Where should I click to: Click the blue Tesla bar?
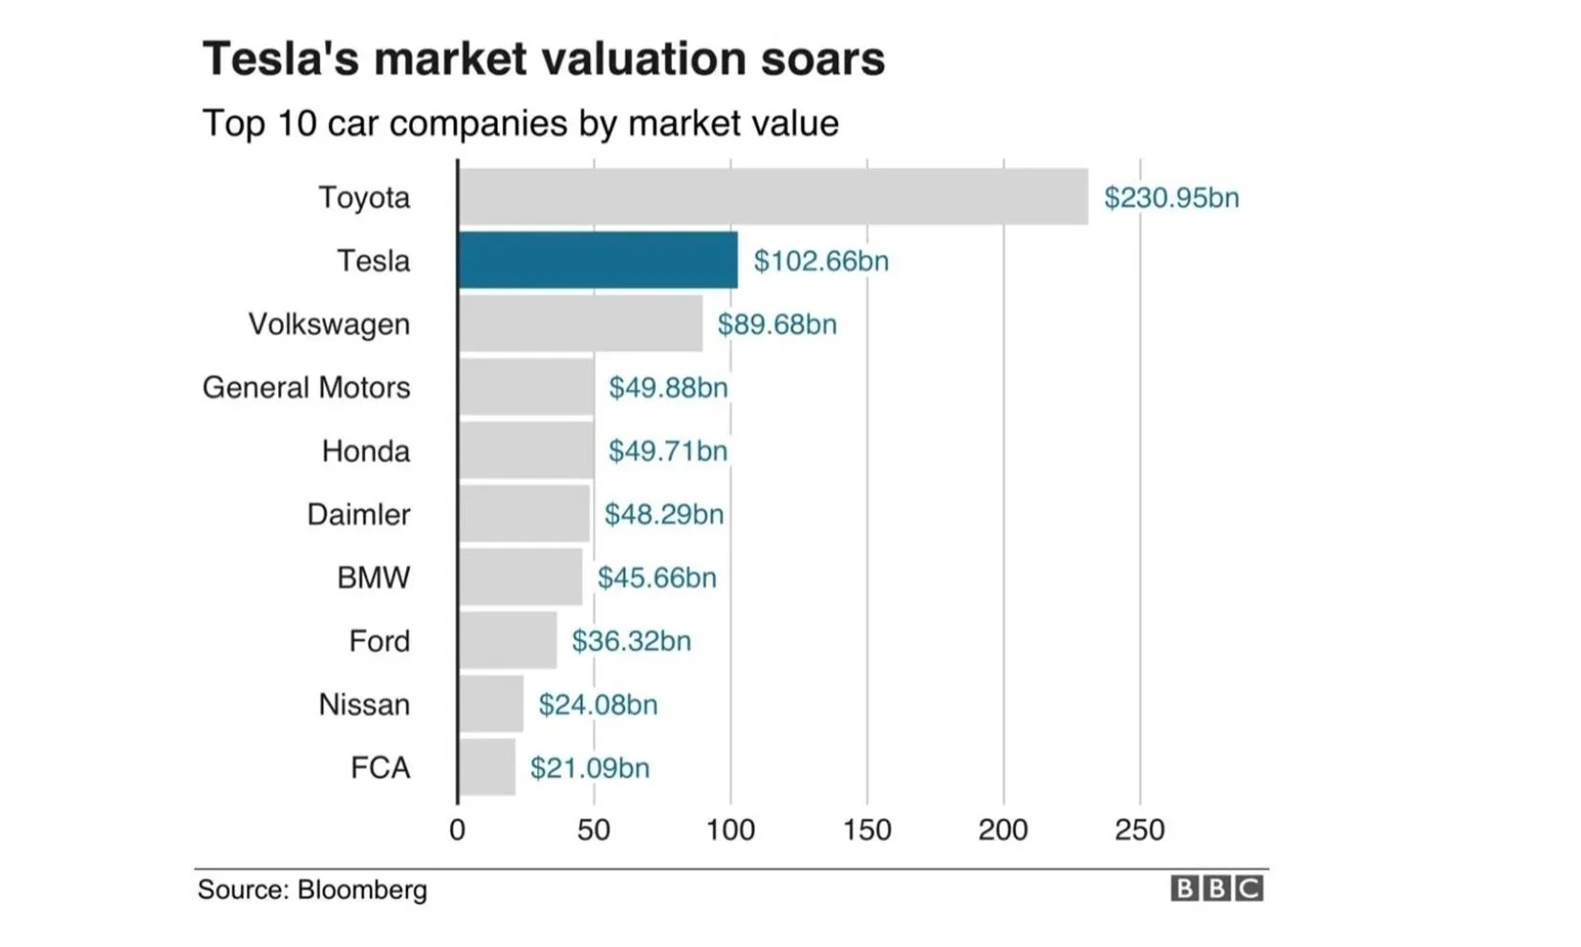(597, 260)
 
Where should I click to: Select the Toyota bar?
(772, 197)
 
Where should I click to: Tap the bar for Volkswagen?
(580, 324)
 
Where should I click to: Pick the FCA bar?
(487, 767)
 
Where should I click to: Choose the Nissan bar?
(491, 704)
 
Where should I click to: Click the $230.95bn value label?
(1171, 198)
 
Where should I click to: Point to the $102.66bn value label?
(821, 261)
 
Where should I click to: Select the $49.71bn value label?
(668, 451)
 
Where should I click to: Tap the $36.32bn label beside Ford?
(631, 641)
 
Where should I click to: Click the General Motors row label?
(306, 388)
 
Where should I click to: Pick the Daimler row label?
(358, 515)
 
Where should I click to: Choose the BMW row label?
(374, 578)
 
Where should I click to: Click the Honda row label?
(366, 451)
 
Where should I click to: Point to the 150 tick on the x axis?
(867, 829)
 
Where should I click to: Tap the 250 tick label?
(1139, 829)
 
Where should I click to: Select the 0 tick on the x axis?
(458, 829)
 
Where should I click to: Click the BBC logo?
(1217, 889)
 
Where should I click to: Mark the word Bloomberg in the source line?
(362, 890)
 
